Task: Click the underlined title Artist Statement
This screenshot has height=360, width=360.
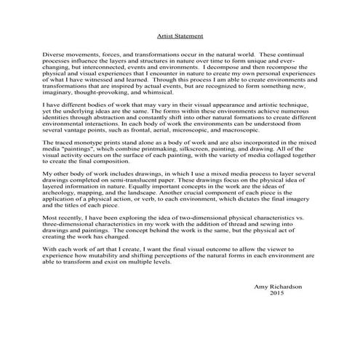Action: tap(180, 34)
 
